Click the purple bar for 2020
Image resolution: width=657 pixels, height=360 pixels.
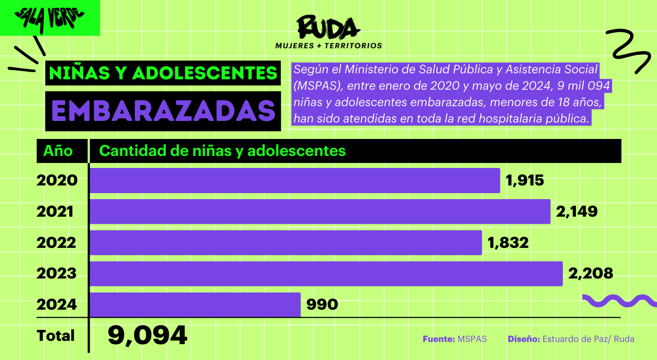295,181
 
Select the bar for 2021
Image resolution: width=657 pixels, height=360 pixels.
320,211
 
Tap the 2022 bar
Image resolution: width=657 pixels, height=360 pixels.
285,242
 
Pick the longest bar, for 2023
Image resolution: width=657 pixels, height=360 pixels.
326,274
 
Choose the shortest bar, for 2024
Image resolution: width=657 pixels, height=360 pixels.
195,305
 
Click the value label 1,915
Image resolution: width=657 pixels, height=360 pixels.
525,181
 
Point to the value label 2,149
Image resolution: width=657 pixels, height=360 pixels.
576,211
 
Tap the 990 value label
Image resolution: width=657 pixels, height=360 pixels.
322,305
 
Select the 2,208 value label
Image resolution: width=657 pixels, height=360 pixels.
590,274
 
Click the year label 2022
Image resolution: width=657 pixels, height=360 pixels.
57,242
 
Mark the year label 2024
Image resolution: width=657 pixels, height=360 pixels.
57,305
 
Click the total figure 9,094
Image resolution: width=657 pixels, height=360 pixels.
147,335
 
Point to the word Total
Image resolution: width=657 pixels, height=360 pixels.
55,335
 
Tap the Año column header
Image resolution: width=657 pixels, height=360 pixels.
58,150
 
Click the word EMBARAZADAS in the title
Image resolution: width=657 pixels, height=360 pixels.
163,112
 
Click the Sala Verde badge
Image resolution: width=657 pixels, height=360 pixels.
49,18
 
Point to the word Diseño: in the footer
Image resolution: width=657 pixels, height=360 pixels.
523,339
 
